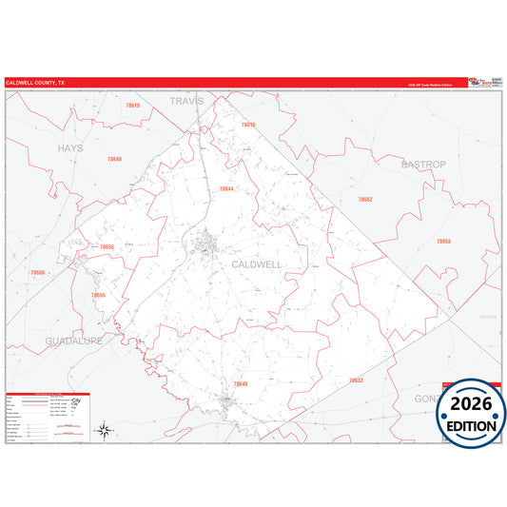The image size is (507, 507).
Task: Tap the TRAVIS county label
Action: coord(186,100)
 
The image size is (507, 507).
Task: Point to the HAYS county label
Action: coord(69,148)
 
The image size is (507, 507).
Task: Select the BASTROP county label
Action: coord(422,165)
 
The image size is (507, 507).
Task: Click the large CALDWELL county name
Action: coord(256,264)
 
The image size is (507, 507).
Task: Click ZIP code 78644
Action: coord(226,188)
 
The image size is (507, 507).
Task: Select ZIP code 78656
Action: coord(107,247)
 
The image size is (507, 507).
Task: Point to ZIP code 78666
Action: coord(37,273)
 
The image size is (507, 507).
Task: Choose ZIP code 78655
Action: coord(98,295)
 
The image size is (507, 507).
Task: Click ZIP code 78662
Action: coord(365,200)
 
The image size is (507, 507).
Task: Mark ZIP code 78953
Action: coord(443,242)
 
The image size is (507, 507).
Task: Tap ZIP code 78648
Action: coord(240,383)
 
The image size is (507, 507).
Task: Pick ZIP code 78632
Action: coord(356,380)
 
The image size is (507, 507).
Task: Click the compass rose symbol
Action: coord(107,430)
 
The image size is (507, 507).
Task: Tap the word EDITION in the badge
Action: coord(473,425)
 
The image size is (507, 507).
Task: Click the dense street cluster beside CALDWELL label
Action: coord(207,249)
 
